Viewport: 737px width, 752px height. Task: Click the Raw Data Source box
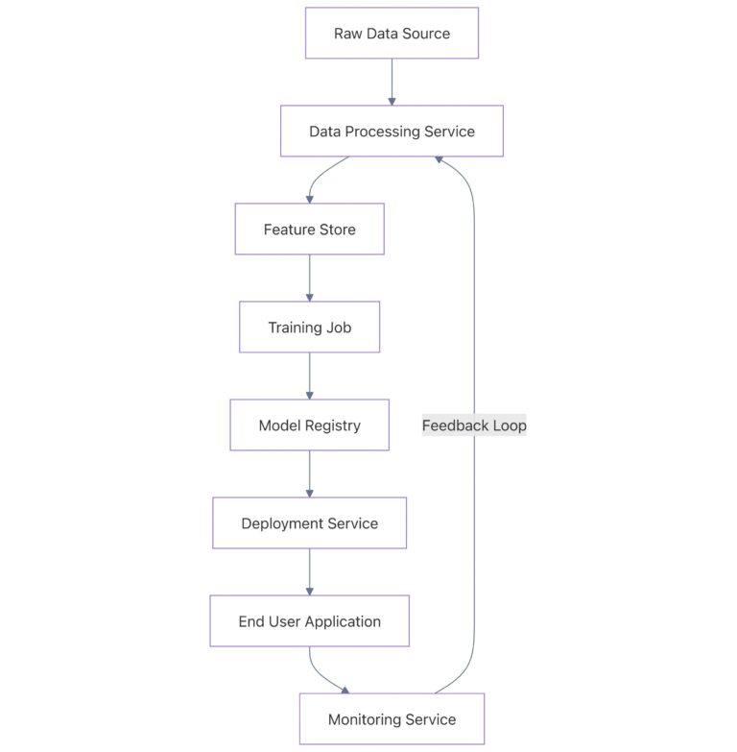pyautogui.click(x=392, y=34)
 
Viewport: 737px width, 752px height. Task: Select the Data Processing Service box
pyautogui.click(x=392, y=132)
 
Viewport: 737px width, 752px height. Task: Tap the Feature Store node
pyautogui.click(x=309, y=230)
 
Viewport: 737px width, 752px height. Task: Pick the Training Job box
pyautogui.click(x=309, y=327)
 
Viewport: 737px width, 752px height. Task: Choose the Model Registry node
pyautogui.click(x=309, y=425)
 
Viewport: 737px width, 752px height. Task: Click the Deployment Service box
pyautogui.click(x=309, y=523)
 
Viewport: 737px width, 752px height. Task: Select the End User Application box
pyautogui.click(x=309, y=621)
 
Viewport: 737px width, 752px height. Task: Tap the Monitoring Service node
pyautogui.click(x=392, y=719)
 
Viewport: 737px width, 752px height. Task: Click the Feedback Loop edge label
pyautogui.click(x=474, y=425)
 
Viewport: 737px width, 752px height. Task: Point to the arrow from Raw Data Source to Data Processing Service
pyautogui.click(x=392, y=82)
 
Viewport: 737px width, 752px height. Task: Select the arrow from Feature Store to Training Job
pyautogui.click(x=309, y=278)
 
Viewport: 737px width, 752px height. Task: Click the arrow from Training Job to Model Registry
pyautogui.click(x=309, y=376)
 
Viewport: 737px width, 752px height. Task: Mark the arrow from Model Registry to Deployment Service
pyautogui.click(x=309, y=473)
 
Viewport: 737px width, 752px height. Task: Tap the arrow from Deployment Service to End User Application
pyautogui.click(x=309, y=571)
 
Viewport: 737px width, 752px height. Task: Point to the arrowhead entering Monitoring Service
pyautogui.click(x=345, y=690)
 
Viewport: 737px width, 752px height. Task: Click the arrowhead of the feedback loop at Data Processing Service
pyautogui.click(x=439, y=160)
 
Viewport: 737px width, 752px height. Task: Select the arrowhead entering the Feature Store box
pyautogui.click(x=309, y=198)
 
